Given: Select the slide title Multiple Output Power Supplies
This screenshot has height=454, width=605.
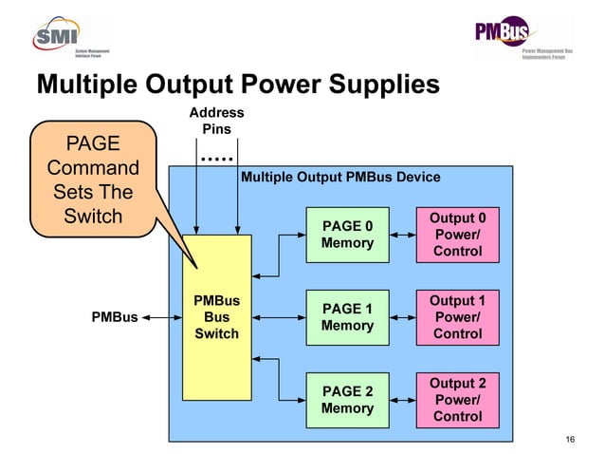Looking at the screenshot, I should pos(237,85).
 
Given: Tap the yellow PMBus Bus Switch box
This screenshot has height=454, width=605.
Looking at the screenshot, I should pos(217,317).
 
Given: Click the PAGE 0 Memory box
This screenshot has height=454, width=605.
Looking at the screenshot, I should pos(348,235).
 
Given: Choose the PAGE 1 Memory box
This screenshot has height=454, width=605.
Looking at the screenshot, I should pos(348,317).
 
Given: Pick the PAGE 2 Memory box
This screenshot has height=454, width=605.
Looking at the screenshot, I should pos(348,400).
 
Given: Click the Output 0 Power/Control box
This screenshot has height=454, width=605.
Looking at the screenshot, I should pos(457,235).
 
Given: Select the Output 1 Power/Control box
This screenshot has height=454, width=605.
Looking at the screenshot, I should pos(457,317).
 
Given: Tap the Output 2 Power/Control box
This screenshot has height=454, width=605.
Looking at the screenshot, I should pos(457,400).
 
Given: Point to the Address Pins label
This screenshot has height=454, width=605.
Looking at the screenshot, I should pos(216,121).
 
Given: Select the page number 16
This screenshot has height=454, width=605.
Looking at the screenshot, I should pos(570,438).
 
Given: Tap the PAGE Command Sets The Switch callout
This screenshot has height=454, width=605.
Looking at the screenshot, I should pos(93,180).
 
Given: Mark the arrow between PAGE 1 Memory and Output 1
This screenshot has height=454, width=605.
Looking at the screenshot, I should pos(404,317).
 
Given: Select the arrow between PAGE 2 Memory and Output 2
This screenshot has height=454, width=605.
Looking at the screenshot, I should pos(404,400).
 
